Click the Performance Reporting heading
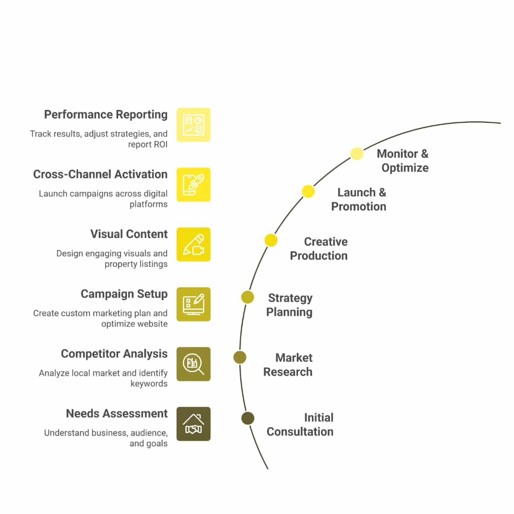point(106,115)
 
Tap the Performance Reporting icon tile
point(193,125)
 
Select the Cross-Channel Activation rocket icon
point(193,185)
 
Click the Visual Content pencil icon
point(193,245)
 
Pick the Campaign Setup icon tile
point(193,304)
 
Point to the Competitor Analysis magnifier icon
point(193,364)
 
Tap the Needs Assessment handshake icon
point(193,424)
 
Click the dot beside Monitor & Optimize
point(357,154)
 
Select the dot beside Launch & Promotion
point(308,191)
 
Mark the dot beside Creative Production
point(271,240)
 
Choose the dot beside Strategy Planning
point(247,297)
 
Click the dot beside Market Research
point(240,357)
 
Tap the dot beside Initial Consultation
point(247,418)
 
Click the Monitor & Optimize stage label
point(403,161)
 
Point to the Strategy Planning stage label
point(289,305)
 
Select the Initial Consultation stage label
point(300,425)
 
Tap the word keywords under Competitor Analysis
point(149,384)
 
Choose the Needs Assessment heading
point(117,414)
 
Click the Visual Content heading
point(129,234)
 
